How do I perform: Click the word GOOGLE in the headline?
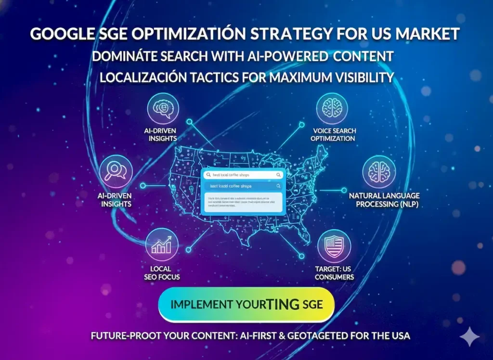tap(57, 35)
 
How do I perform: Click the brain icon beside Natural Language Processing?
tap(379, 172)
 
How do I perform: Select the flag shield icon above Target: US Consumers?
tap(334, 246)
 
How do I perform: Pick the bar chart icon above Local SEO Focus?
tap(162, 244)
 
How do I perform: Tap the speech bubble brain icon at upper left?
tap(163, 109)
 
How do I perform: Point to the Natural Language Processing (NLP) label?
tap(384, 200)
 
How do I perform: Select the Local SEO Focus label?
tap(162, 272)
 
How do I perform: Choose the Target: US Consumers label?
tap(334, 272)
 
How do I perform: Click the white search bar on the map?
tap(243, 175)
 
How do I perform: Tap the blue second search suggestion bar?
tap(243, 186)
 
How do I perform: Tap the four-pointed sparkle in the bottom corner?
tap(469, 336)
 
